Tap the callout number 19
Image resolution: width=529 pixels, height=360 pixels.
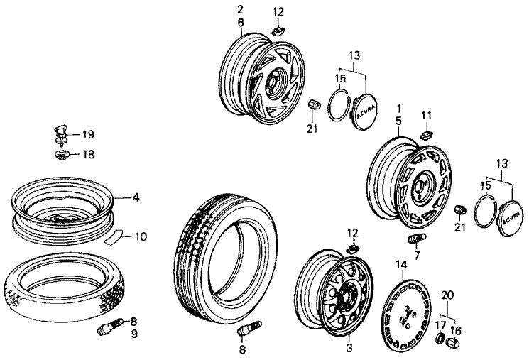(x=88, y=133)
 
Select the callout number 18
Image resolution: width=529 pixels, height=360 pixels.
(x=88, y=154)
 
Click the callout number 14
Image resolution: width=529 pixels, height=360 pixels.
(x=401, y=264)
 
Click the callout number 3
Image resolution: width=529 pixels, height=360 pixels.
(x=349, y=349)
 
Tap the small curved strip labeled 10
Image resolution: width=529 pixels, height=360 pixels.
(x=114, y=237)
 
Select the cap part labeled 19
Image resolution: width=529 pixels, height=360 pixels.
(x=60, y=130)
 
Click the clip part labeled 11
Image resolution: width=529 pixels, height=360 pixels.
(x=426, y=131)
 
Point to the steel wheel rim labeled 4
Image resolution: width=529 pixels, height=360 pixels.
(x=64, y=206)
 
